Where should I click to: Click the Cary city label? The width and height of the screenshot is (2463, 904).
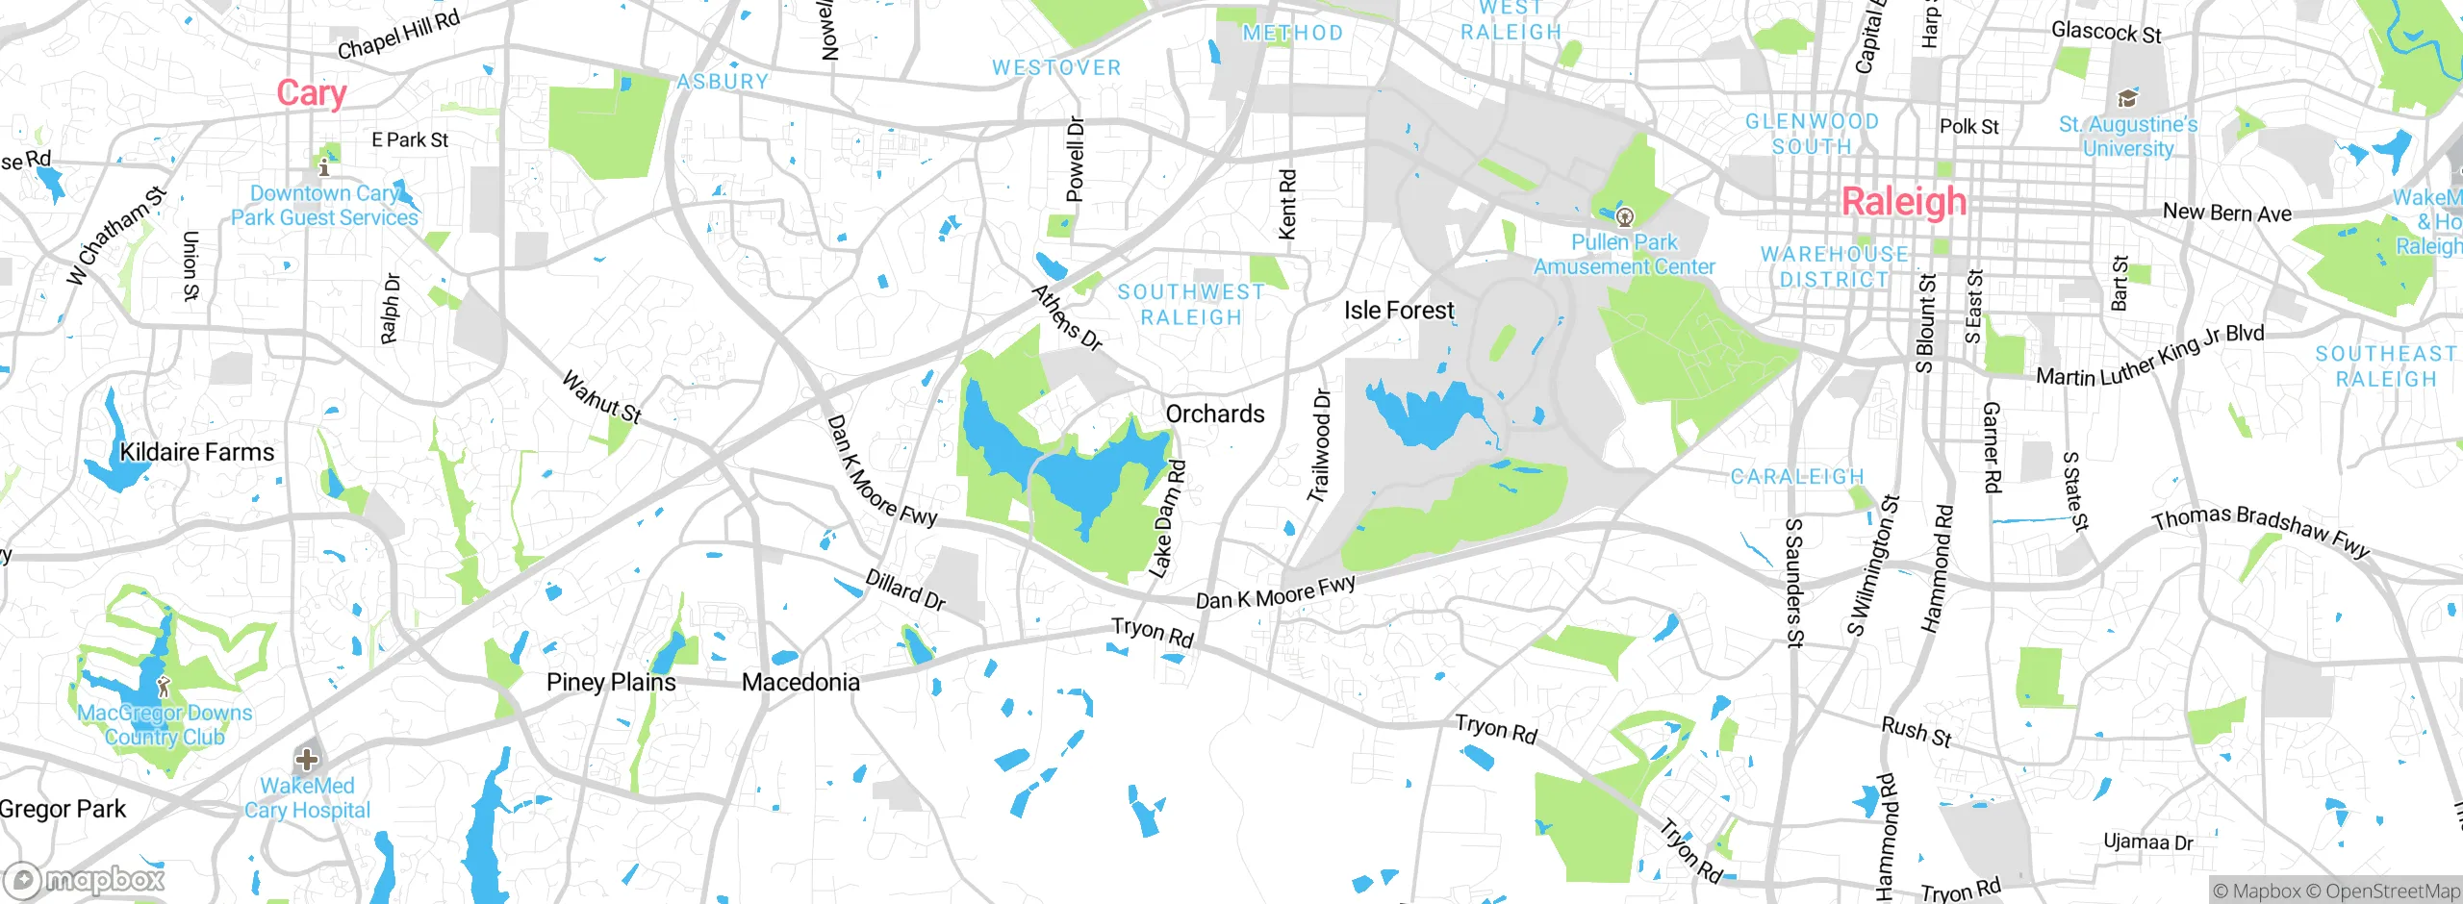pyautogui.click(x=311, y=93)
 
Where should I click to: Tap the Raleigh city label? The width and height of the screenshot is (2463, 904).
pyautogui.click(x=1903, y=202)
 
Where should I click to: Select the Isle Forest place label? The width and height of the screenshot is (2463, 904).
pyautogui.click(x=1398, y=311)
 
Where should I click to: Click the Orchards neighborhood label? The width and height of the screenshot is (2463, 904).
pyautogui.click(x=1214, y=414)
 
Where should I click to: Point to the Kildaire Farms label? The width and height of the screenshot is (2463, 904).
pyautogui.click(x=196, y=452)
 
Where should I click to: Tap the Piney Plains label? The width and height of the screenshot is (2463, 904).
pyautogui.click(x=610, y=683)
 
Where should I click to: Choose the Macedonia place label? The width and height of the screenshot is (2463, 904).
pyautogui.click(x=800, y=683)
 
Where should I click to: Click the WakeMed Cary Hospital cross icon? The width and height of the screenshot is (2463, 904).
pyautogui.click(x=306, y=760)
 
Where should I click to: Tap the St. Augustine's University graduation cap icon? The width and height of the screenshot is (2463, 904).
pyautogui.click(x=2127, y=98)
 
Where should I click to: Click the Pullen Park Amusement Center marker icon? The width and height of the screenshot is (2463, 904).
pyautogui.click(x=1625, y=215)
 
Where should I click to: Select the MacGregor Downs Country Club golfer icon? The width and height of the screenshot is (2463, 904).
pyautogui.click(x=164, y=686)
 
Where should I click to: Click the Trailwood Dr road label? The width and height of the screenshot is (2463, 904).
pyautogui.click(x=1319, y=445)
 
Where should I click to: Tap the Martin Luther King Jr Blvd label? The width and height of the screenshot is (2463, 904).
pyautogui.click(x=2149, y=356)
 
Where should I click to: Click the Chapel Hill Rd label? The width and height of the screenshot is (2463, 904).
pyautogui.click(x=398, y=34)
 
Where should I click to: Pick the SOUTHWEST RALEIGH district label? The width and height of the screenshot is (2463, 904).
pyautogui.click(x=1191, y=305)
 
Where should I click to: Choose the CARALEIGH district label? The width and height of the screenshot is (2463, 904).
pyautogui.click(x=1796, y=477)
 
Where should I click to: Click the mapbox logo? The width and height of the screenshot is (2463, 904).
pyautogui.click(x=85, y=880)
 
